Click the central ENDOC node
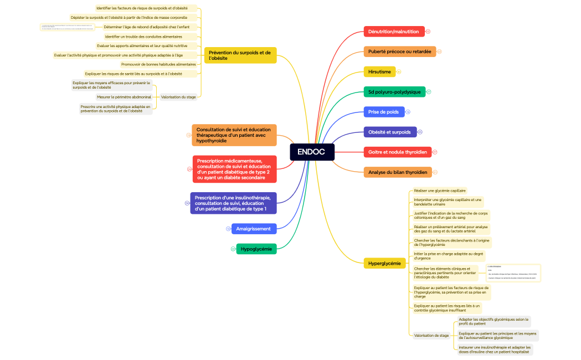pos(312,152)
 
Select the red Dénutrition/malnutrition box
pos(394,32)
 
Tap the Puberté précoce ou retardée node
pos(399,52)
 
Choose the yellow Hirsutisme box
pos(379,71)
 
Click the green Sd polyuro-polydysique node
pos(394,91)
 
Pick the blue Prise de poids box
pos(383,112)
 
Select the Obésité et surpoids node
pos(389,132)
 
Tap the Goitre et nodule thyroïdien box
pos(397,152)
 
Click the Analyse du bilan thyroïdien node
pos(397,172)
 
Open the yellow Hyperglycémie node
pos(384,263)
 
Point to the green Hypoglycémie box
pos(256,249)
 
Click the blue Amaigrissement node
pos(253,229)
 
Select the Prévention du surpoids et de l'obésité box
pos(240,55)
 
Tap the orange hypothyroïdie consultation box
pos(234,135)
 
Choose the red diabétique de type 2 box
pos(234,169)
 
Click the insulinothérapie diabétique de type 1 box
pos(233,203)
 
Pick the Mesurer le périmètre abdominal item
pos(124,97)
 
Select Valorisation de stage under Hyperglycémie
pos(431,335)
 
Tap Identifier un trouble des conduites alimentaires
pos(143,37)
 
